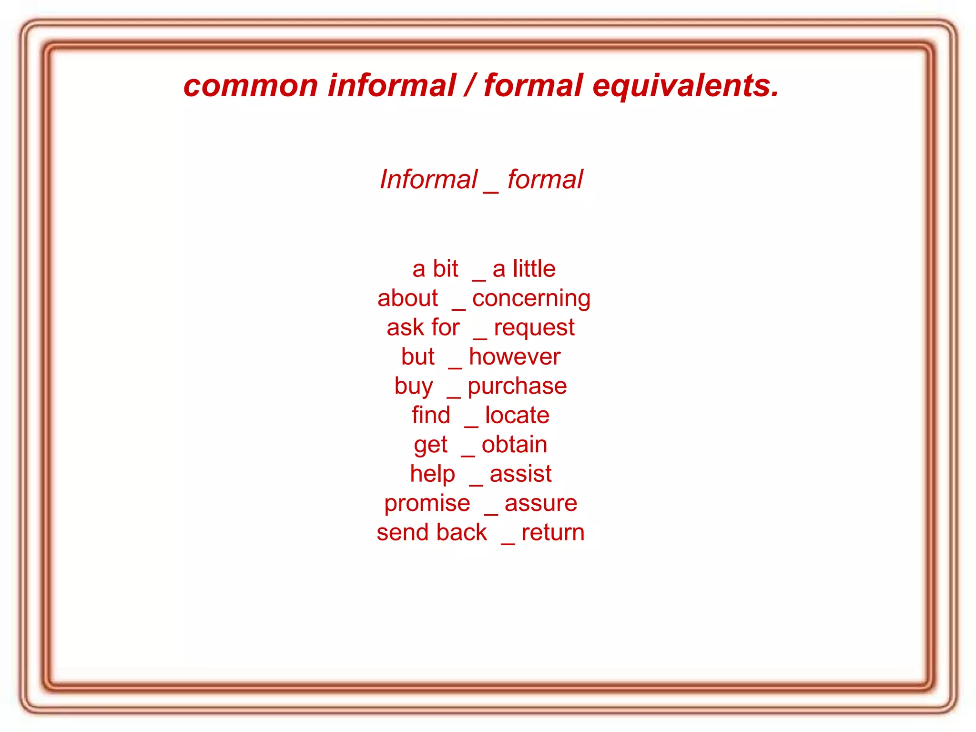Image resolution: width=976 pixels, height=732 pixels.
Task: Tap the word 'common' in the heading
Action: coord(251,86)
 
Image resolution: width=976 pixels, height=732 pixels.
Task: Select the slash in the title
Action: coord(470,86)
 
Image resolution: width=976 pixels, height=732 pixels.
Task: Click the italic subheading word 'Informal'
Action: coord(428,180)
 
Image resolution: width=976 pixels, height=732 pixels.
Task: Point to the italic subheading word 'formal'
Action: coord(545,180)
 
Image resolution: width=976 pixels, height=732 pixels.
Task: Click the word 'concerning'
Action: coord(531,299)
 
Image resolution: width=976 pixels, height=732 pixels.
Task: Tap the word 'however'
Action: coord(515,357)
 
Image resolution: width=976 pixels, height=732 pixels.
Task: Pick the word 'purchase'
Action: coord(517,386)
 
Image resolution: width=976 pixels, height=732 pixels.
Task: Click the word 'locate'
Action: coord(517,415)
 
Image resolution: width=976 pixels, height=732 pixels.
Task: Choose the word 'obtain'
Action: coord(514,445)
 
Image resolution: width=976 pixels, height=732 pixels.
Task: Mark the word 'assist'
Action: coord(520,474)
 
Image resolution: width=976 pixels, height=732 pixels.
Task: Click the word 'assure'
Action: coord(541,503)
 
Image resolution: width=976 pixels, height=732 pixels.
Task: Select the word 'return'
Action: coord(553,533)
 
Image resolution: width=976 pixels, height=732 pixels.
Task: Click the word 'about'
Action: coord(407,299)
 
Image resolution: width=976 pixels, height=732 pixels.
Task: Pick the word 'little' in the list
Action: coord(534,269)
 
